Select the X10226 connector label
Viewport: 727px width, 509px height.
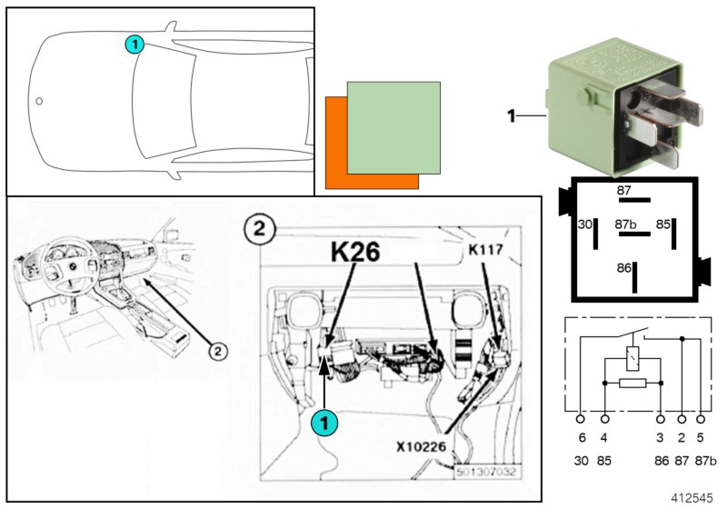[422, 445]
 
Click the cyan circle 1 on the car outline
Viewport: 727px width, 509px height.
[134, 44]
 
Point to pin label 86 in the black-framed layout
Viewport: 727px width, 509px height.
[622, 270]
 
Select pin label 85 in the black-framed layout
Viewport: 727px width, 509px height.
[663, 224]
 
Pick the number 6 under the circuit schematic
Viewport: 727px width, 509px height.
[582, 438]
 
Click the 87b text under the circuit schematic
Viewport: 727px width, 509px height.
[704, 461]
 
